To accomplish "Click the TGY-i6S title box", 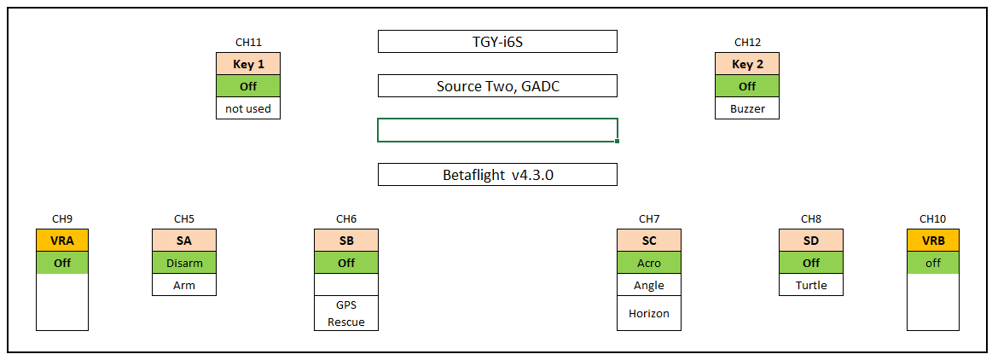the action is (x=497, y=41).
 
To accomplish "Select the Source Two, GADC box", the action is (x=497, y=86).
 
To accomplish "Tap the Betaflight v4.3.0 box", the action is (x=497, y=175).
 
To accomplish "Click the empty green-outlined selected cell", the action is (x=497, y=131).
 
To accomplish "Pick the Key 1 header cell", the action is (x=248, y=64).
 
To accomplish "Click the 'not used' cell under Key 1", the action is (x=248, y=108).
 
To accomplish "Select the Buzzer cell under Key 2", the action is (x=747, y=108).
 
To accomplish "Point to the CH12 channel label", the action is (x=747, y=43).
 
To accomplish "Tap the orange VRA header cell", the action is (x=62, y=241).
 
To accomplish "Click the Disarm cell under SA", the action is (x=184, y=263).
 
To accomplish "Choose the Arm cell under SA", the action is (x=184, y=285).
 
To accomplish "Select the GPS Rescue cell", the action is (x=346, y=313).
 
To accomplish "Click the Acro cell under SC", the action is (x=649, y=263).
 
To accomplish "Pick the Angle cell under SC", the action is (x=649, y=285).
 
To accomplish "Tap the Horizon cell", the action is (x=649, y=313).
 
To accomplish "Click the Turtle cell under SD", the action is (x=811, y=285).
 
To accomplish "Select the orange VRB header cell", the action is (x=933, y=241).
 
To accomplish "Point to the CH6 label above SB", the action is (x=346, y=219).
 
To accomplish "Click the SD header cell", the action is (x=811, y=241).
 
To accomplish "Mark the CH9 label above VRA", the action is (x=62, y=219).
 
